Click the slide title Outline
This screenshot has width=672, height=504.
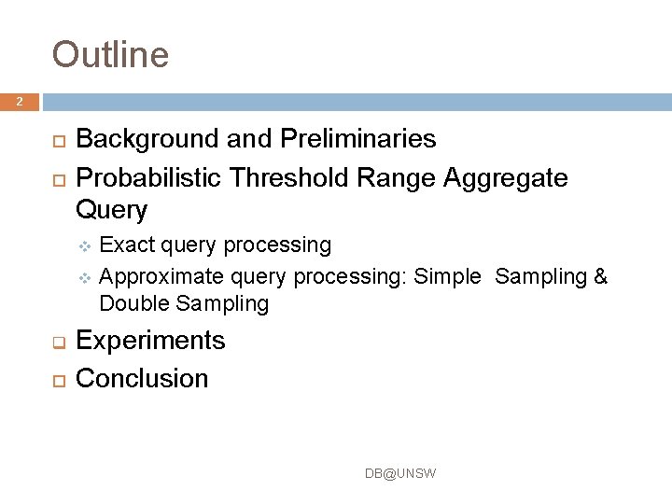[110, 54]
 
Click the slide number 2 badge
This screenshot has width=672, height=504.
[20, 102]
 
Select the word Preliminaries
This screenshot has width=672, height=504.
[356, 139]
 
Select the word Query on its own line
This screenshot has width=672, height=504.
[111, 211]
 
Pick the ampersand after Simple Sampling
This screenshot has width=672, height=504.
[600, 275]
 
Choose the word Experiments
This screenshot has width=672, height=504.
[150, 340]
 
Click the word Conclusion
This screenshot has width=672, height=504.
[142, 378]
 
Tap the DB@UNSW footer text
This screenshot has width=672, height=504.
[399, 474]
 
